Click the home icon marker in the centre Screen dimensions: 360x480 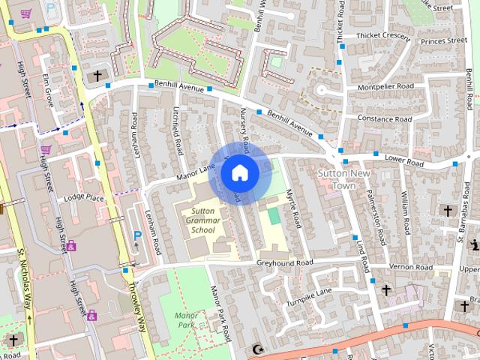point(239,173)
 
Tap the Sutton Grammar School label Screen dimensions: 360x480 point(202,220)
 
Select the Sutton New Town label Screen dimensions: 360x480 point(337,179)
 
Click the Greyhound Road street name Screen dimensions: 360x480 point(284,263)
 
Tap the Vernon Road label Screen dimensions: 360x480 point(412,267)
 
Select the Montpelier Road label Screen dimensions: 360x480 point(386,87)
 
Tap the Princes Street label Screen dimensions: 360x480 point(442,42)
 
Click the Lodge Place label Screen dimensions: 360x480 point(83,197)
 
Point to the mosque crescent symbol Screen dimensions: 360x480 point(259,349)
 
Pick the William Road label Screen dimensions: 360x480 point(405,204)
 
